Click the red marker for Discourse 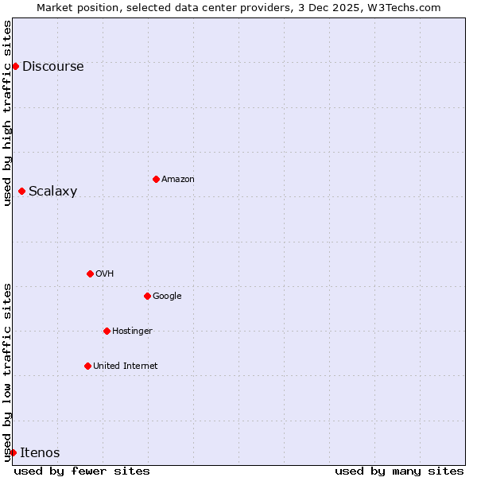coord(15,66)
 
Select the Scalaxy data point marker coord(21,191)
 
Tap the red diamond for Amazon coord(156,179)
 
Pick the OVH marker coord(90,273)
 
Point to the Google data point coord(147,296)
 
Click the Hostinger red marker coord(107,331)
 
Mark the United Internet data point coord(87,366)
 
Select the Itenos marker coord(13,452)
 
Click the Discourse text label coord(52,67)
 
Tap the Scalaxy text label coord(52,192)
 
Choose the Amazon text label coord(177,180)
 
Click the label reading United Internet coord(125,366)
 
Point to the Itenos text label coord(40,453)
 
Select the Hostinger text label coord(132,332)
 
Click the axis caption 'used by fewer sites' coord(82,471)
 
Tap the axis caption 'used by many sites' coord(399,471)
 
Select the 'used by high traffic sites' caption coord(8,113)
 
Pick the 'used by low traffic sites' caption coord(8,372)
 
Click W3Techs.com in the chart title coord(410,7)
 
